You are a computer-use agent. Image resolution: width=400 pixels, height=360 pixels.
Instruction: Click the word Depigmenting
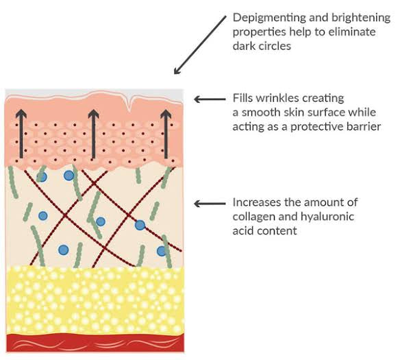point(269,18)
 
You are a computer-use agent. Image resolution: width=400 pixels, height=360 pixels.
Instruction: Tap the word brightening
point(361,18)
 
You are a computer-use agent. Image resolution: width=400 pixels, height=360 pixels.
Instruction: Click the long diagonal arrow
point(200,45)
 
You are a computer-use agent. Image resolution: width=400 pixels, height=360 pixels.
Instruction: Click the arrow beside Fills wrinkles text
point(210,99)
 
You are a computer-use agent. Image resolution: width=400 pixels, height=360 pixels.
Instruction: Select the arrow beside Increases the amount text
point(210,204)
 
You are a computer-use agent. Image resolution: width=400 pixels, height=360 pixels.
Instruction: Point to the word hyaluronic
point(327,217)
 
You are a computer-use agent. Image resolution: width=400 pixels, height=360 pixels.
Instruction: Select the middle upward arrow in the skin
point(94,134)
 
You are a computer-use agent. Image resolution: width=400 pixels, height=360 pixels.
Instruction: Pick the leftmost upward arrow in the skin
point(21,134)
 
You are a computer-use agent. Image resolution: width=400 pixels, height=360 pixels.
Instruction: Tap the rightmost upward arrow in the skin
point(166,134)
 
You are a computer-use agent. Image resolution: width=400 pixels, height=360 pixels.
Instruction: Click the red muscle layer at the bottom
point(95,343)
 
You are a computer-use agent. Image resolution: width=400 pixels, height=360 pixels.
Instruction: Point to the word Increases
point(257,202)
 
